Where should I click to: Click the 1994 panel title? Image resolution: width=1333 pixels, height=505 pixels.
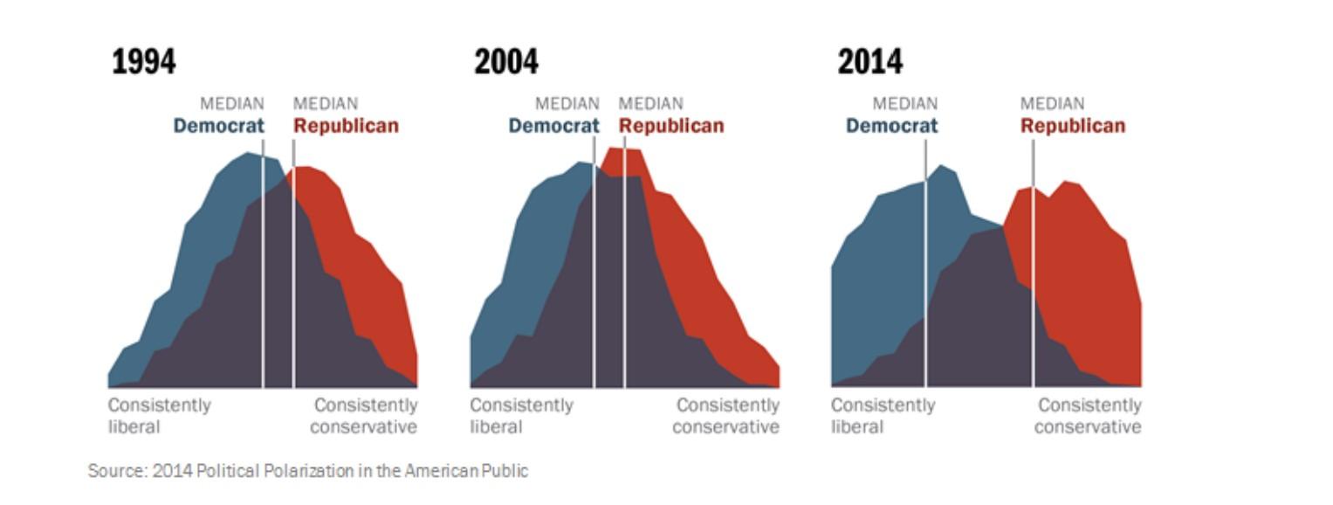point(144,62)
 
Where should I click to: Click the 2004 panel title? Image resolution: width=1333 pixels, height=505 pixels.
point(506,62)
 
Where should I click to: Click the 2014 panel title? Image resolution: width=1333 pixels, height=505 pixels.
point(870,62)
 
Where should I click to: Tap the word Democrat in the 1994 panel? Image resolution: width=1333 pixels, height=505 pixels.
point(218,126)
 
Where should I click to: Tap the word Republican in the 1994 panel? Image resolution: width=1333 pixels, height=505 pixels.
point(346,126)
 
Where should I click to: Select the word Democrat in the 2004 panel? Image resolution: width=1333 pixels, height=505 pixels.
point(553,126)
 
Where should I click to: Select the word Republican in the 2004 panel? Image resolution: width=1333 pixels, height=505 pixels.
point(671,126)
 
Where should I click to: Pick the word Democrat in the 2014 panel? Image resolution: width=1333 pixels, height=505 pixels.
point(891,126)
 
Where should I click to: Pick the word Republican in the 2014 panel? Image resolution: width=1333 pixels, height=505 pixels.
point(1073,126)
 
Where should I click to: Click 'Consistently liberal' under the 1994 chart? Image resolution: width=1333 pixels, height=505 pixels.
point(159,416)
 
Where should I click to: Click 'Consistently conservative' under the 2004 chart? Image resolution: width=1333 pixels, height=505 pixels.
point(726,416)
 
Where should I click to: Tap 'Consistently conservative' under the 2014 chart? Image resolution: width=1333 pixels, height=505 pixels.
point(1089,416)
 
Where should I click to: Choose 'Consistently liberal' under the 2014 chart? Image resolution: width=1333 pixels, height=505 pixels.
point(883,416)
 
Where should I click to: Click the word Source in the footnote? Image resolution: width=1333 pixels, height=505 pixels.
point(117,471)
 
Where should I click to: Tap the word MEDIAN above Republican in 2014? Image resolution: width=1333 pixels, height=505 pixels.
point(1053,104)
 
